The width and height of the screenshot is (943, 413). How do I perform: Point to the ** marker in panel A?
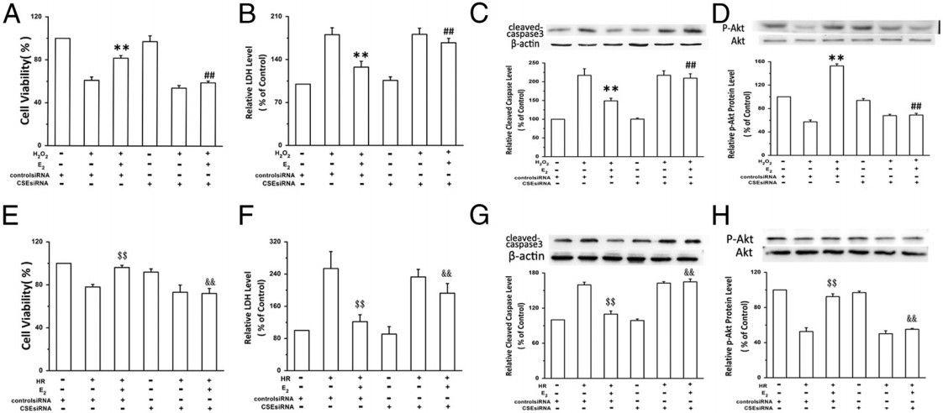tap(121, 49)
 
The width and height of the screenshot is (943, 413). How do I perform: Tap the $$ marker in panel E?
tap(121, 257)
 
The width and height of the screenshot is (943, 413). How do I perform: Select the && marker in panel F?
tap(446, 274)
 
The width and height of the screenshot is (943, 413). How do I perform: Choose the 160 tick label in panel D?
tap(760, 62)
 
